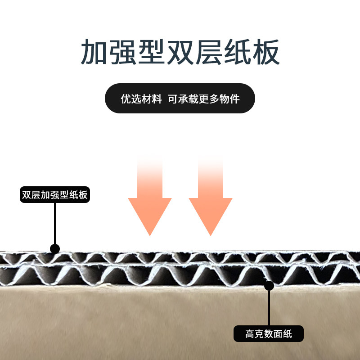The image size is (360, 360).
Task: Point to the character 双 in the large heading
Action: (x=180, y=53)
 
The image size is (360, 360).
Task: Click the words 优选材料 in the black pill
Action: (x=141, y=99)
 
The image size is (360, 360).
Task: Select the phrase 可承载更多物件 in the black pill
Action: (x=204, y=99)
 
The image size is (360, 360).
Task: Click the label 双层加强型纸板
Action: (x=55, y=195)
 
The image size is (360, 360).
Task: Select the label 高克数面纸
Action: (x=269, y=334)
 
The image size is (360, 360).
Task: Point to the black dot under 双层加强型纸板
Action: (x=55, y=248)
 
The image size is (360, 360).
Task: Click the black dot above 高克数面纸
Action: (x=269, y=285)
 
